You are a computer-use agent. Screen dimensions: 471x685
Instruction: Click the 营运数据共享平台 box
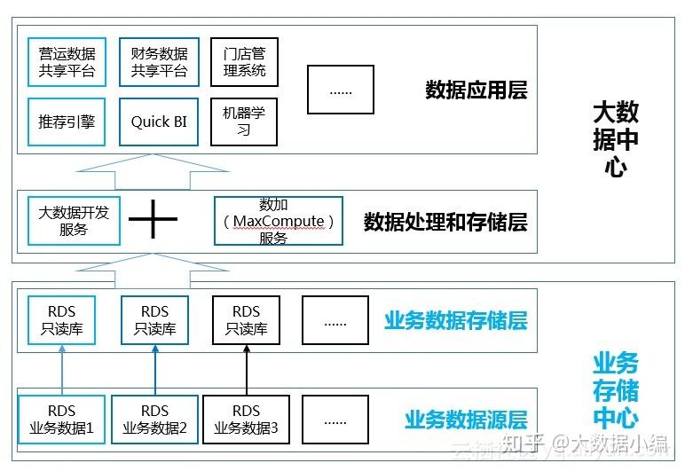pos(67,61)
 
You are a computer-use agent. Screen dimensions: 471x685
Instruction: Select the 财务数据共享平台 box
pos(159,61)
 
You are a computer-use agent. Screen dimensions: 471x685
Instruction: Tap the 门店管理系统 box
pos(244,61)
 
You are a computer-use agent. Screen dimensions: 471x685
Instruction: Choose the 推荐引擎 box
pos(67,122)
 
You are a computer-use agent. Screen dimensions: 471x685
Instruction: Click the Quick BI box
pos(159,122)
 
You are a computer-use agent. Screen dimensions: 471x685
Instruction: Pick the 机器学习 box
pos(244,122)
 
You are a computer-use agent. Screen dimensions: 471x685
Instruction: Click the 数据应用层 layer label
pos(476,90)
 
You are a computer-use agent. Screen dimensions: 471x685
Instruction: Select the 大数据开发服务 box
pos(74,221)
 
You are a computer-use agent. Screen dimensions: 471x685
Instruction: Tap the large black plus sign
pos(154,220)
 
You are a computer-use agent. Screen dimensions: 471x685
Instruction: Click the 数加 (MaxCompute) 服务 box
pos(279,221)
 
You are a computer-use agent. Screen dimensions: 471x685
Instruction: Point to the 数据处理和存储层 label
pos(445,222)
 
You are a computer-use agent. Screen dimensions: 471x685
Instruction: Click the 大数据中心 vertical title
pos(615,139)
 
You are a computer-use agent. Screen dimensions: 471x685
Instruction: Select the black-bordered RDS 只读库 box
pos(246,320)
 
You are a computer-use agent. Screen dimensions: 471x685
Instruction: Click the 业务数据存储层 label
pos(455,320)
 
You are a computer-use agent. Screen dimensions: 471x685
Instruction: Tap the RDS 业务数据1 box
pos(61,420)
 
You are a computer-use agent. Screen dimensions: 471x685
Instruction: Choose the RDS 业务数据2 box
pos(154,420)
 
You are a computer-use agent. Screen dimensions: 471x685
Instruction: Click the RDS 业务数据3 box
pos(246,420)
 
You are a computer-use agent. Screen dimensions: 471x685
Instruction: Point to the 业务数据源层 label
pos(466,420)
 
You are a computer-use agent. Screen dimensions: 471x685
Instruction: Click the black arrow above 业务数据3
pos(246,370)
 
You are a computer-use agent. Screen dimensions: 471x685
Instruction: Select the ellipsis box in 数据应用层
pos(340,90)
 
